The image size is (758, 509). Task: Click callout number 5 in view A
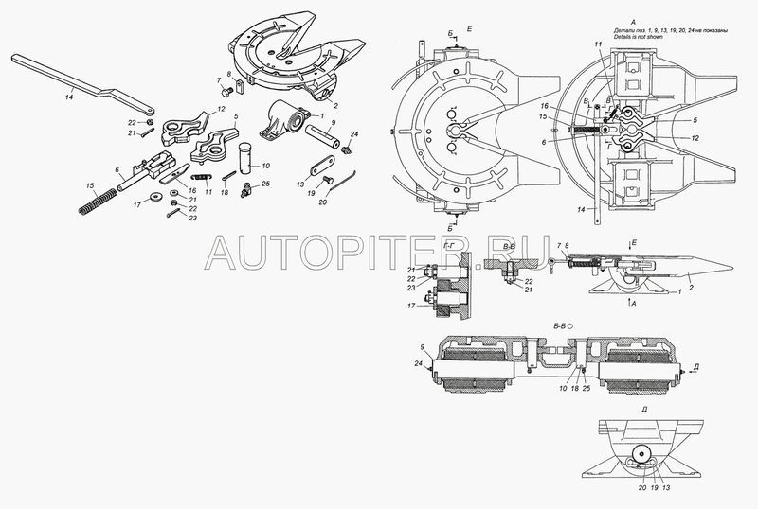coord(694,122)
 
